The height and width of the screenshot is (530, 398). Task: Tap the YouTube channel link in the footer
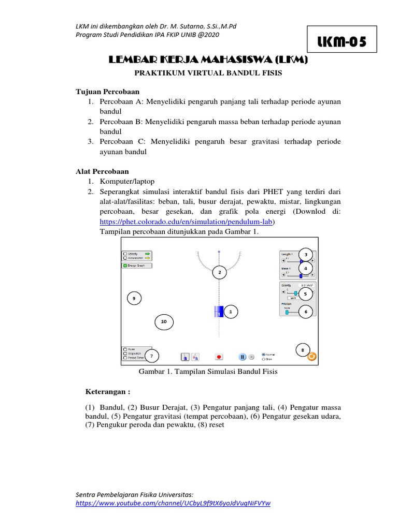point(174,503)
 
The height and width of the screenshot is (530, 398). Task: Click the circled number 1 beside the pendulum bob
point(231,312)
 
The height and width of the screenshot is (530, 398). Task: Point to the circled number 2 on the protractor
point(219,272)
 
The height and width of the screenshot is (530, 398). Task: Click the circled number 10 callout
point(164,322)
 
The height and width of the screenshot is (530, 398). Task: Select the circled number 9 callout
point(134,298)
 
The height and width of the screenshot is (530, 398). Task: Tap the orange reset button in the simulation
point(311,356)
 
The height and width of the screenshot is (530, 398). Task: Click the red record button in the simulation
point(219,357)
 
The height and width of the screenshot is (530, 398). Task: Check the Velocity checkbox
point(125,254)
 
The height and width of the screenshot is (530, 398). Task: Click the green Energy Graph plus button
point(125,266)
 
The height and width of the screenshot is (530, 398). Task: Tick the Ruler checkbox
point(125,349)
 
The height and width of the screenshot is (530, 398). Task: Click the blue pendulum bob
point(219,312)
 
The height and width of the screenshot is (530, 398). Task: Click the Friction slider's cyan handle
point(287,313)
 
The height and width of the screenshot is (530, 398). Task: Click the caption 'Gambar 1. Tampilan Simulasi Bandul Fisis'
point(208,372)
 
